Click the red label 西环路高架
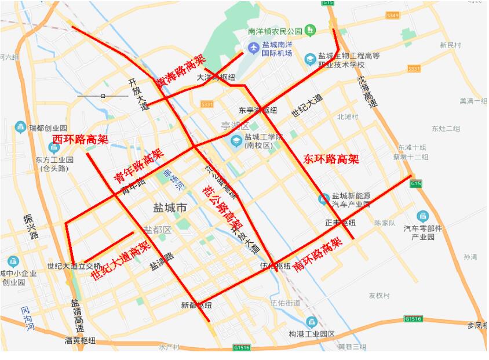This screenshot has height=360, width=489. (81, 139)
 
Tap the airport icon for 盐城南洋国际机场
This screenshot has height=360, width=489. (253, 47)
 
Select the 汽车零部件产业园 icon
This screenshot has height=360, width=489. (422, 216)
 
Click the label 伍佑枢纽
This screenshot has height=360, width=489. (275, 266)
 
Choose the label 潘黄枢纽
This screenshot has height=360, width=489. (80, 340)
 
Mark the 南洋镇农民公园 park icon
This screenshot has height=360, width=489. (311, 30)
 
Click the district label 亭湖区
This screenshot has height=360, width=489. (235, 126)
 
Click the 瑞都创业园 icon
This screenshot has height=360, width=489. (20, 127)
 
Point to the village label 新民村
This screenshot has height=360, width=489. (450, 45)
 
